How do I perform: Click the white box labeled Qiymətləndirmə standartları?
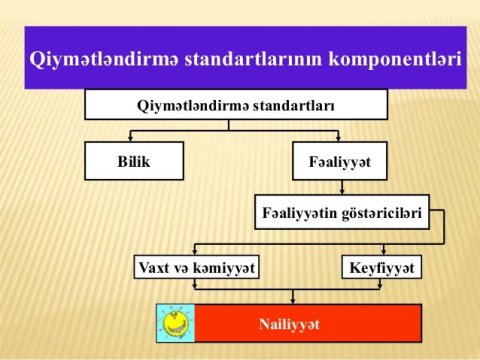(235, 104)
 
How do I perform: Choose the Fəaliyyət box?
(341, 159)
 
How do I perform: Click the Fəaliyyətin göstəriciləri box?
(342, 212)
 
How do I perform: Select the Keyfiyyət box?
(382, 268)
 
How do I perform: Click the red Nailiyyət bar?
(308, 323)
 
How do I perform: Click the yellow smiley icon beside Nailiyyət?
(176, 323)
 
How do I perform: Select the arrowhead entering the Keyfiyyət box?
(382, 253)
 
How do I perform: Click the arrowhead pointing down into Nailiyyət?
(291, 299)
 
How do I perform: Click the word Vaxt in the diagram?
(158, 268)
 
